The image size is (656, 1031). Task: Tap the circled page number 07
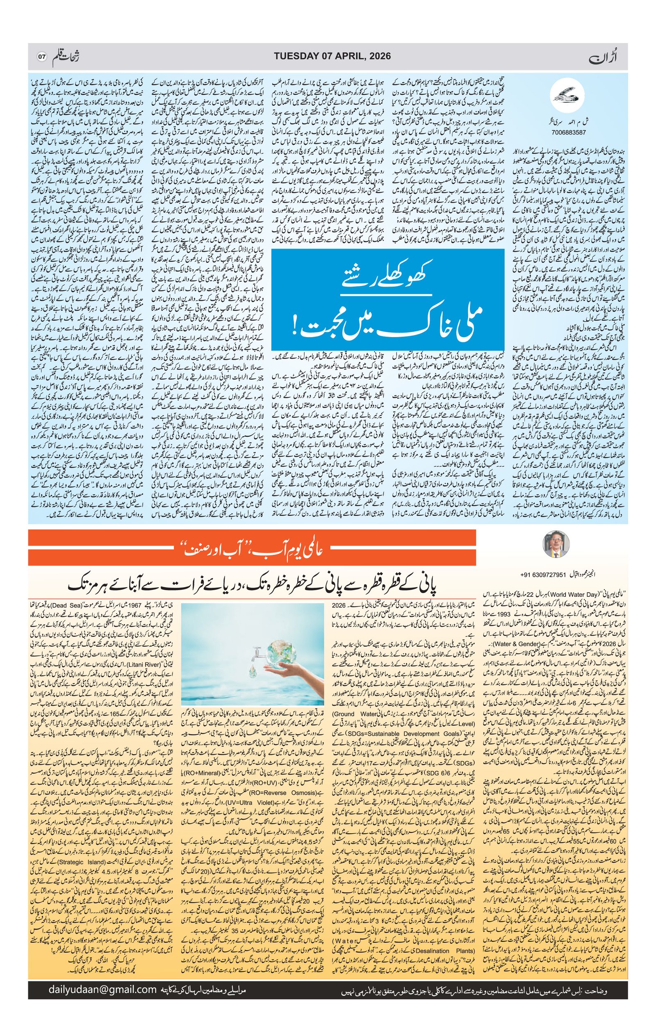point(41,57)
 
